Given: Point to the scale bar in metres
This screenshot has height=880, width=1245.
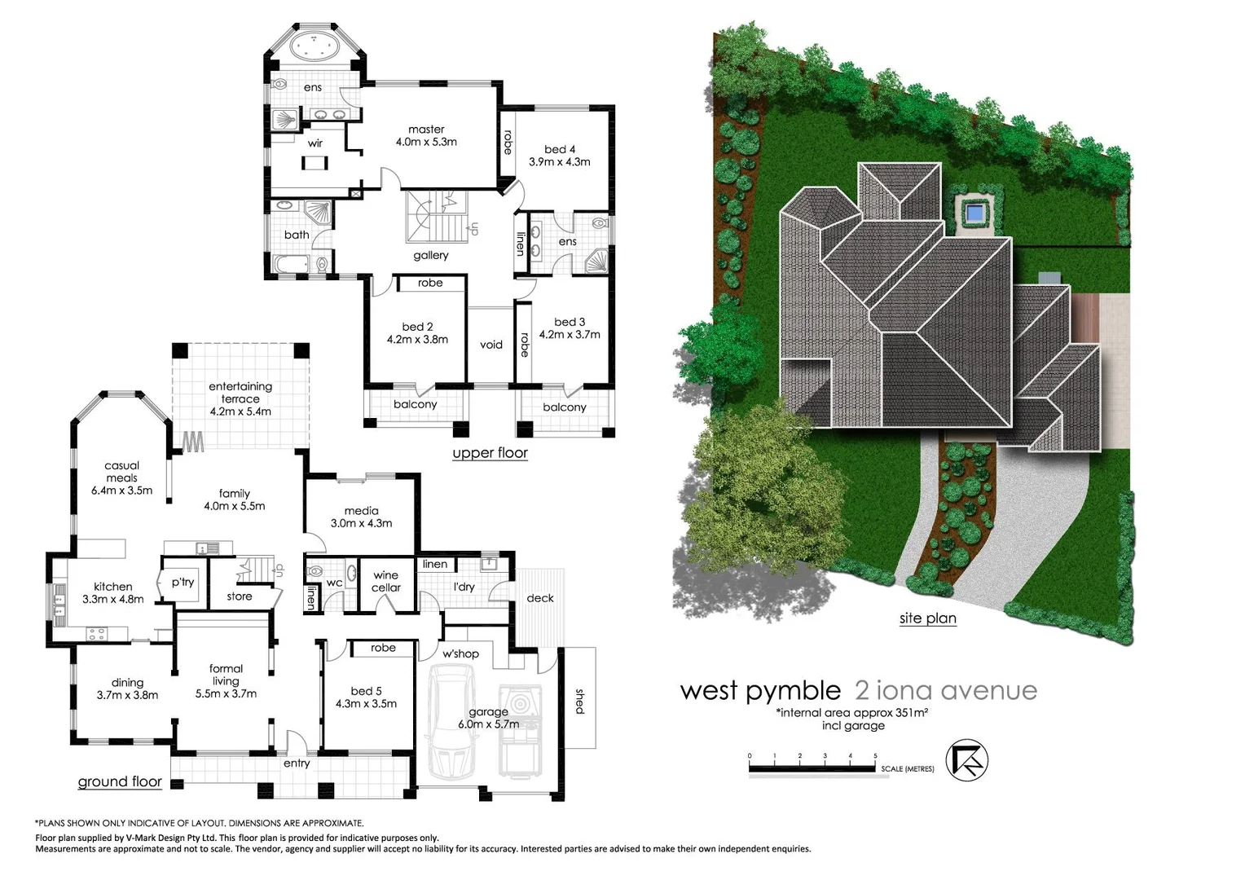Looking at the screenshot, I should click(x=813, y=768).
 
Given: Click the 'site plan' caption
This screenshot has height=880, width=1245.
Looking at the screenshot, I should click(x=927, y=618).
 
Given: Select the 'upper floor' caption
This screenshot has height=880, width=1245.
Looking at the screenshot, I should click(x=490, y=453).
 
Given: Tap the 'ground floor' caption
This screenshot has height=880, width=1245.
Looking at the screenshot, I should click(x=120, y=782).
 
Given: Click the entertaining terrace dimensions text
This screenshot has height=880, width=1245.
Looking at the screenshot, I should click(x=240, y=411).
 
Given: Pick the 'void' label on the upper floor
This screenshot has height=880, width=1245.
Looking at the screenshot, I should click(x=491, y=345).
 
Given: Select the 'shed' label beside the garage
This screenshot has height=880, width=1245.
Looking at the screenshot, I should click(x=580, y=702).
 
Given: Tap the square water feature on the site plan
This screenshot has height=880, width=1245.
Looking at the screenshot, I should click(x=974, y=214).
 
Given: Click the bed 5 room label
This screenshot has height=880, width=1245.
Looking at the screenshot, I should click(x=366, y=691).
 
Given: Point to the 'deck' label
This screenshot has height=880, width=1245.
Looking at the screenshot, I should click(x=539, y=598).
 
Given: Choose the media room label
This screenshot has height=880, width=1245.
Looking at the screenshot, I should click(x=361, y=511).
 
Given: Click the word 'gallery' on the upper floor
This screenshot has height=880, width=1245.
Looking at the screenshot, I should click(x=431, y=255).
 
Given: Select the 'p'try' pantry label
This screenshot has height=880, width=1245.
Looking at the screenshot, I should click(x=183, y=582).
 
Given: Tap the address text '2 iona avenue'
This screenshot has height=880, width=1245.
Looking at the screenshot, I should click(x=945, y=691).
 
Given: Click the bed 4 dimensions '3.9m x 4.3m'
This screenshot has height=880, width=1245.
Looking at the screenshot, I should click(x=559, y=162).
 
